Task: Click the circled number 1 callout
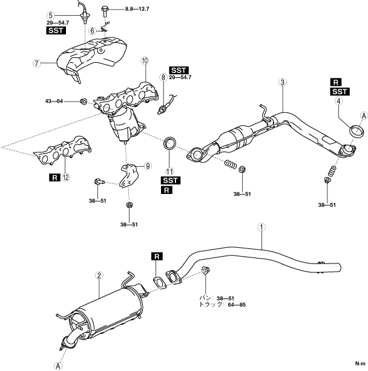tap(261, 227)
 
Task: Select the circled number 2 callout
tap(99, 276)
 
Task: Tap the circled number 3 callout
tap(283, 82)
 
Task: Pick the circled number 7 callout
tap(36, 63)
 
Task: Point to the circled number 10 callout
tap(145, 60)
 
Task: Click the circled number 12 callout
tap(66, 177)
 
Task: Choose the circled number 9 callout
tap(148, 166)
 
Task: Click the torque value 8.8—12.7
tap(137, 9)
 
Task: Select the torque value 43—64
tap(54, 102)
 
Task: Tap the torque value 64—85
tap(237, 305)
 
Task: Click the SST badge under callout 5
tap(56, 31)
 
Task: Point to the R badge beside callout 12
tap(54, 177)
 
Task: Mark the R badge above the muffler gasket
tap(157, 256)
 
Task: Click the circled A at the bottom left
tap(58, 366)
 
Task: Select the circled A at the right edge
tap(364, 116)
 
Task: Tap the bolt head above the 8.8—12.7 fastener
tap(105, 8)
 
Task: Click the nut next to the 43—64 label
tap(84, 102)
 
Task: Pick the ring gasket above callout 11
tap(169, 143)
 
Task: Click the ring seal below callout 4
tap(357, 132)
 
